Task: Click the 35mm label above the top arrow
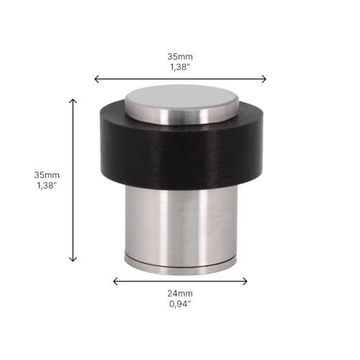pos(180,57)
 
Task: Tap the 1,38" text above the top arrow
pos(180,67)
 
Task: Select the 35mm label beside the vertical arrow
pos(47,175)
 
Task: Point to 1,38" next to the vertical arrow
pos(47,186)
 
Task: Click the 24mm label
pos(180,294)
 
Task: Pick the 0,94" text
pos(180,304)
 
